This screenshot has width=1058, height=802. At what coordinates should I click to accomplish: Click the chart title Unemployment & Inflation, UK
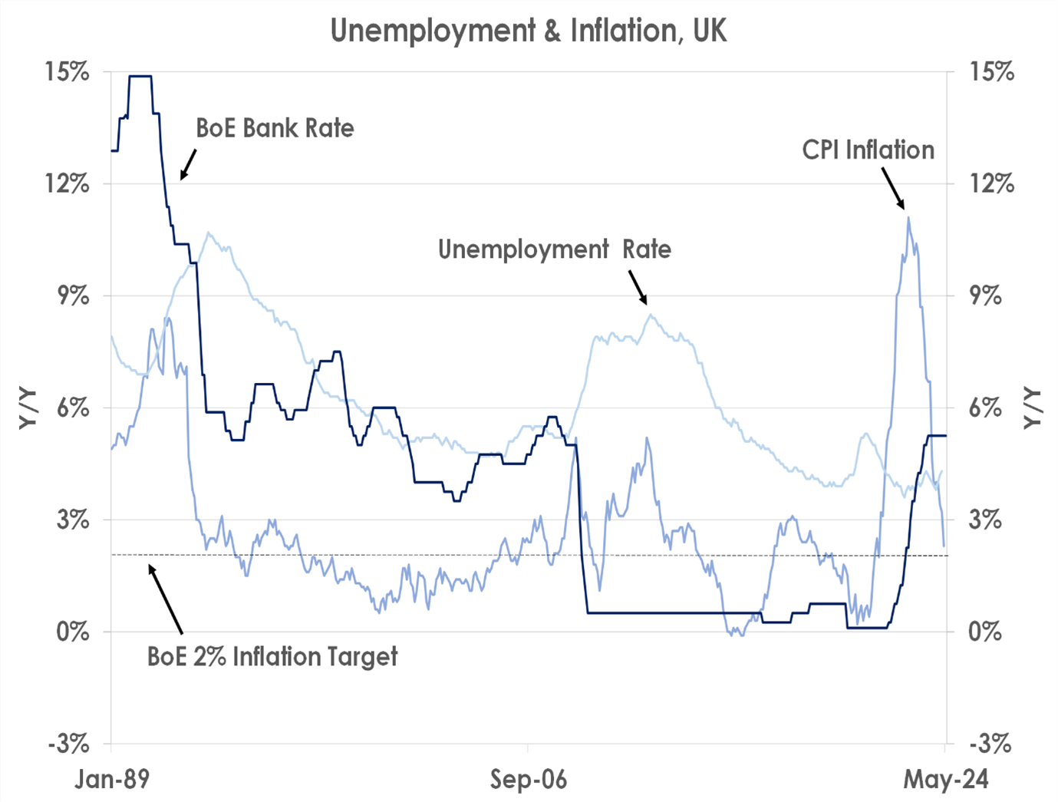click(529, 31)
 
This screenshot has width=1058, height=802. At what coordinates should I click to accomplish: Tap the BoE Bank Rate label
click(275, 127)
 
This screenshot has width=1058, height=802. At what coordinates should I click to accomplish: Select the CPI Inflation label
click(868, 150)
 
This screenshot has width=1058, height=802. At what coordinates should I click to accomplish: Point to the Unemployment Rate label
click(554, 249)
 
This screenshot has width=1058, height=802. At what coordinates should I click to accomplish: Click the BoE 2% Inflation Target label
click(272, 657)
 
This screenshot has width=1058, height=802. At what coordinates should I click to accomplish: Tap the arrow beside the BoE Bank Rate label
click(188, 164)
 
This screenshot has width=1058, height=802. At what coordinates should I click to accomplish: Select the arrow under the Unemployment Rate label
click(638, 287)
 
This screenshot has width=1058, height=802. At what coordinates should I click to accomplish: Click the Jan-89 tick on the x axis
click(112, 780)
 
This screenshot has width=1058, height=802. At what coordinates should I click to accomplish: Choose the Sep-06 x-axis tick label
click(529, 780)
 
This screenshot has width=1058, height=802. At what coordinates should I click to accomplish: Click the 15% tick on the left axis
click(68, 72)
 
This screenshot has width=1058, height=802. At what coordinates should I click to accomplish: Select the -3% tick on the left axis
click(68, 744)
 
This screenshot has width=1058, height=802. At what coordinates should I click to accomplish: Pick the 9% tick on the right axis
click(985, 295)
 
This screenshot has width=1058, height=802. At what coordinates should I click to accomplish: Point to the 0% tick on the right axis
click(985, 632)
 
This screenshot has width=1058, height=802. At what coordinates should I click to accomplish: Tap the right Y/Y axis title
click(1033, 408)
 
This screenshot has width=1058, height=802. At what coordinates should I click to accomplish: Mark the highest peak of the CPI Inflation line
click(908, 219)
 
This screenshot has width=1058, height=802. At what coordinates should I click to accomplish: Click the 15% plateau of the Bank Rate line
click(140, 76)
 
